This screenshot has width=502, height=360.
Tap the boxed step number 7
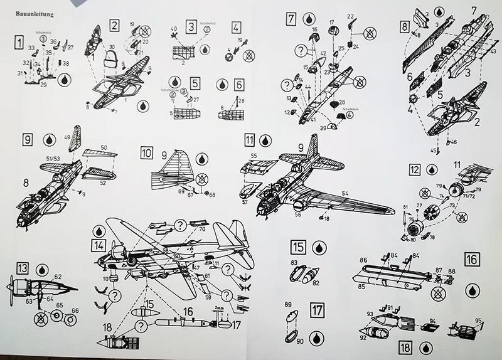pyautogui.click(x=291, y=19)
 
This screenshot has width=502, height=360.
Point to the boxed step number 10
pyautogui.click(x=146, y=152)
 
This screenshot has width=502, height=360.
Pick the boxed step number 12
pyautogui.click(x=414, y=170)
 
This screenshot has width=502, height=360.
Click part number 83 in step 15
pyautogui.click(x=293, y=263)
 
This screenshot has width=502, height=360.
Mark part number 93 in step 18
pyautogui.click(x=370, y=313)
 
